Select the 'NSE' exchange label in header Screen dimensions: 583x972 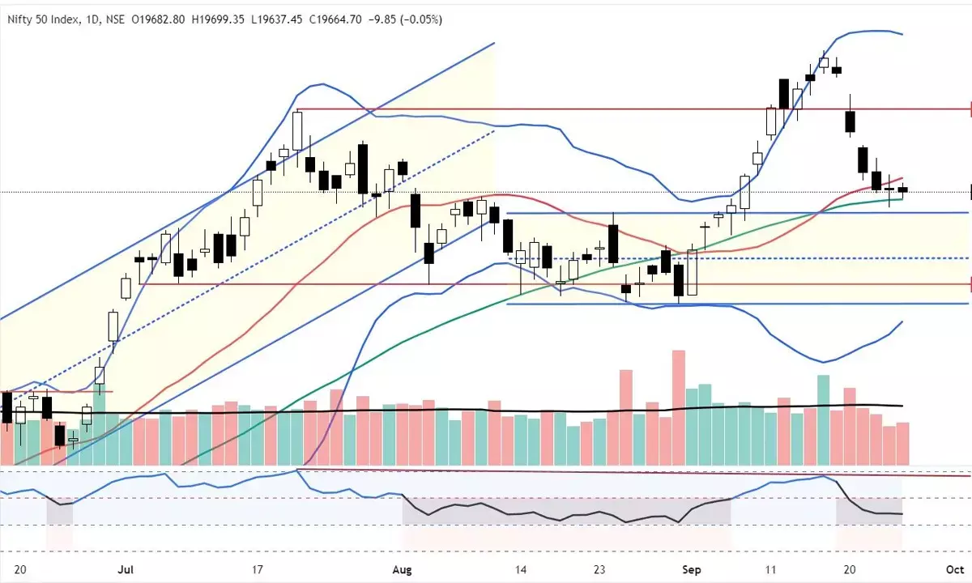point(113,19)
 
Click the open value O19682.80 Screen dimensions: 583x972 point(157,19)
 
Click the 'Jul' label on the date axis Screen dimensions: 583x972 point(126,569)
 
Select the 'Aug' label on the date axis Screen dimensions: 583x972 point(403,569)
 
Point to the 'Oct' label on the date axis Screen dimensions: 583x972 point(953,569)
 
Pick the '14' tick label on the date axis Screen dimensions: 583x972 point(520,569)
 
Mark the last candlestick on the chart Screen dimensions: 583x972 point(903,189)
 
